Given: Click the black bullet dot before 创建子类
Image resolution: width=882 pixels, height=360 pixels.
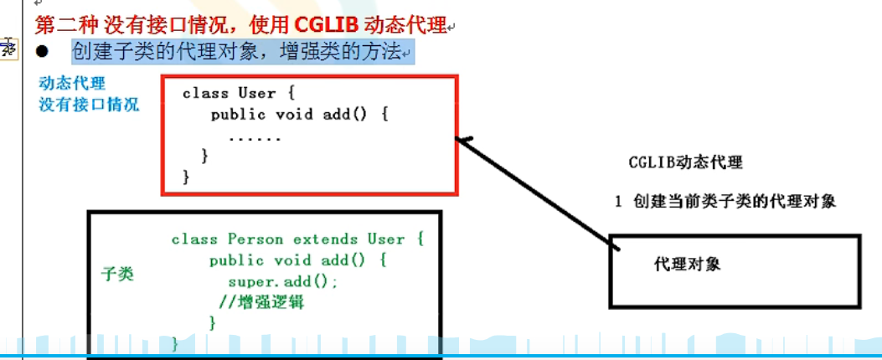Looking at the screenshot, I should pos(44,52).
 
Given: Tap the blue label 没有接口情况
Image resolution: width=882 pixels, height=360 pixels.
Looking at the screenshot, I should pos(89,105).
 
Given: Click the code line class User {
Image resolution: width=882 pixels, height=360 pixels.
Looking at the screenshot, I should pos(239,93).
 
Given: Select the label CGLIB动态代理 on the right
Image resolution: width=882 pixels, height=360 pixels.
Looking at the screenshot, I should pos(685,162).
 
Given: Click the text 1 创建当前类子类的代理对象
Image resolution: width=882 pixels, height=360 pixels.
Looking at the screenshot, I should pos(725,202).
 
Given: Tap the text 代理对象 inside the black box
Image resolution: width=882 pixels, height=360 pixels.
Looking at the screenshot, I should pos(687,264).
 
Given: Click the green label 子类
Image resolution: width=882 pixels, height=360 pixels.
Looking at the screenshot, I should pos(117,274).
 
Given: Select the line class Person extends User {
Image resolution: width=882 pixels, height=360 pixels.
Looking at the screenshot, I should pos(298,239).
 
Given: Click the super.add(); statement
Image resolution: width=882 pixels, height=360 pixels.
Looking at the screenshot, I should pos(283,282).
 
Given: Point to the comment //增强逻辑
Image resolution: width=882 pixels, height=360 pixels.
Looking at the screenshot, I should pos(260,302).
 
